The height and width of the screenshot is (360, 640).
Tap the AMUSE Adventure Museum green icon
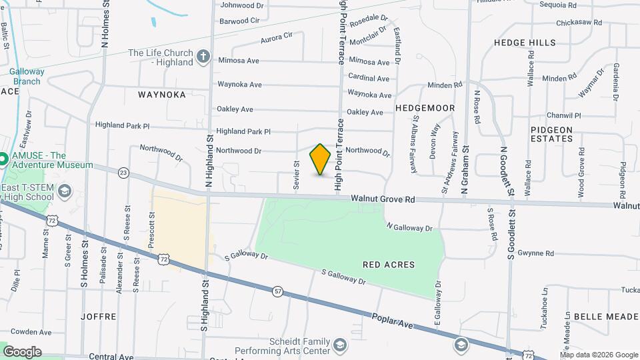tap(3, 159)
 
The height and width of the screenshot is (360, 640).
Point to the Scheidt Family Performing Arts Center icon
tap(340, 345)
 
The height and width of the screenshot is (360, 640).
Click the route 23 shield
tap(123, 173)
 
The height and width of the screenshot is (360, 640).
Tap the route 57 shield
tap(277, 291)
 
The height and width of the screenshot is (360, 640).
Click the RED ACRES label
tap(389, 265)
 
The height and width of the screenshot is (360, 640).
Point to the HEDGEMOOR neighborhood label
tap(425, 108)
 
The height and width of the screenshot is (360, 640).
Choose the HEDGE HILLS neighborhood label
tap(525, 43)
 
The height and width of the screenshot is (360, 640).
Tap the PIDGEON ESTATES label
tap(552, 134)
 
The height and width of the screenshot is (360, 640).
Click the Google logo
tap(22, 351)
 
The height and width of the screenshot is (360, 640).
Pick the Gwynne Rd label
tap(536, 253)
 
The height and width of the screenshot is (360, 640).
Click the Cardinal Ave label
tap(369, 78)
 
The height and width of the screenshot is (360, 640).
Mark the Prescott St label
tap(152, 227)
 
